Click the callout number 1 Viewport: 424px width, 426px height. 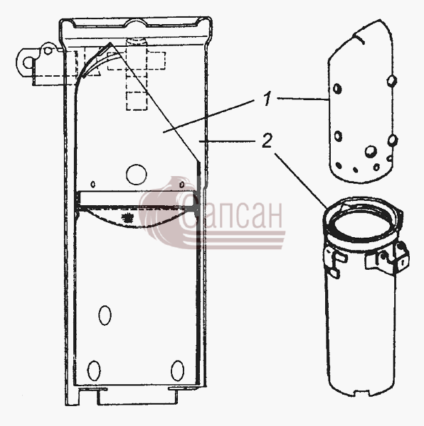point(267,99)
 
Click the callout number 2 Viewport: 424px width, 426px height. point(267,141)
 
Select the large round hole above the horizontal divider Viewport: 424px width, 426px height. point(137,174)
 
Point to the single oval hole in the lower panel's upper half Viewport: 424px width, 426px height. point(105,315)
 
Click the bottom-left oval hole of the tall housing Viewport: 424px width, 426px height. point(94,371)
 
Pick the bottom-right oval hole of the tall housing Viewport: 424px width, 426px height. point(177,371)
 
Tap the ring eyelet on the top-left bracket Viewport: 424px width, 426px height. point(27,63)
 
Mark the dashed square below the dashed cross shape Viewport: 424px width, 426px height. point(137,101)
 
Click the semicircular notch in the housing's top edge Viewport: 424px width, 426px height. point(137,23)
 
